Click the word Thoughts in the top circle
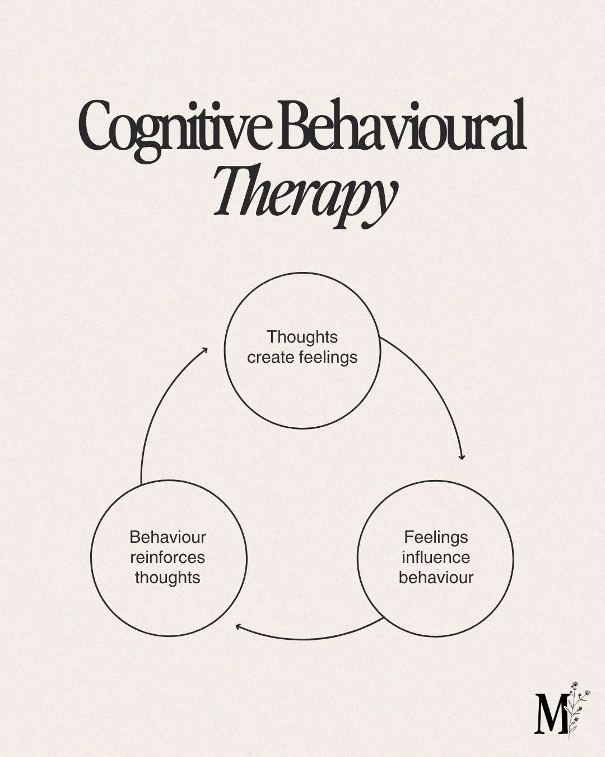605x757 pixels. tap(302, 337)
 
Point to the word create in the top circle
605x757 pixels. tap(268, 357)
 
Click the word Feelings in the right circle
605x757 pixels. tap(436, 537)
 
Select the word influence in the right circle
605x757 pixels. tap(436, 557)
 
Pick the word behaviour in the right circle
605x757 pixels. tap(436, 578)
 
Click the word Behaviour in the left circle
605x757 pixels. tap(167, 537)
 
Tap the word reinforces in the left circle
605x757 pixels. tap(167, 557)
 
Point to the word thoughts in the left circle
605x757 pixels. tap(167, 578)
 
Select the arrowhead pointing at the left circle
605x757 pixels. tap(239, 627)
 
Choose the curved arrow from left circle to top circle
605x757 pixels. tap(157, 409)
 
